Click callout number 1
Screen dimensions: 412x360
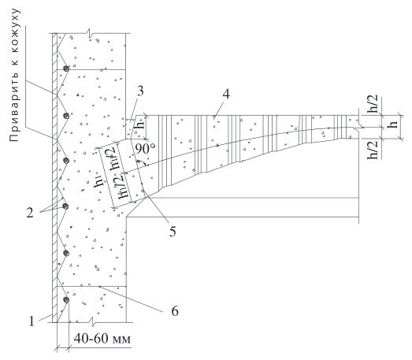pyautogui.click(x=32, y=321)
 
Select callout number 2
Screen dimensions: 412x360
pyautogui.click(x=30, y=213)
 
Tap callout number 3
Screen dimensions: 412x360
pyautogui.click(x=140, y=91)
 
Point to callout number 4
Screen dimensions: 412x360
pyautogui.click(x=226, y=94)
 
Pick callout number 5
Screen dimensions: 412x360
pyautogui.click(x=173, y=232)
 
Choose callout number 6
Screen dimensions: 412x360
pyautogui.click(x=175, y=310)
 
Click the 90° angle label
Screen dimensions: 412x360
pyautogui.click(x=145, y=149)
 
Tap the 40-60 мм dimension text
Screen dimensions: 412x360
pyautogui.click(x=102, y=339)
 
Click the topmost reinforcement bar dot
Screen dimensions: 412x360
pyautogui.click(x=66, y=69)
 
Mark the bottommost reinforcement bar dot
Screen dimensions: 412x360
pyautogui.click(x=66, y=300)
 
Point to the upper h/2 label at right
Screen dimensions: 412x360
pyautogui.click(x=373, y=104)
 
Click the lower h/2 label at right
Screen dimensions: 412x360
pyautogui.click(x=373, y=150)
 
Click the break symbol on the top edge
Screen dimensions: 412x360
pyautogui.click(x=90, y=32)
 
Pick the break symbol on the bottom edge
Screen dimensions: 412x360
pyautogui.click(x=92, y=321)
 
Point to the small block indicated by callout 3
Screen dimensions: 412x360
pyautogui.click(x=130, y=129)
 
